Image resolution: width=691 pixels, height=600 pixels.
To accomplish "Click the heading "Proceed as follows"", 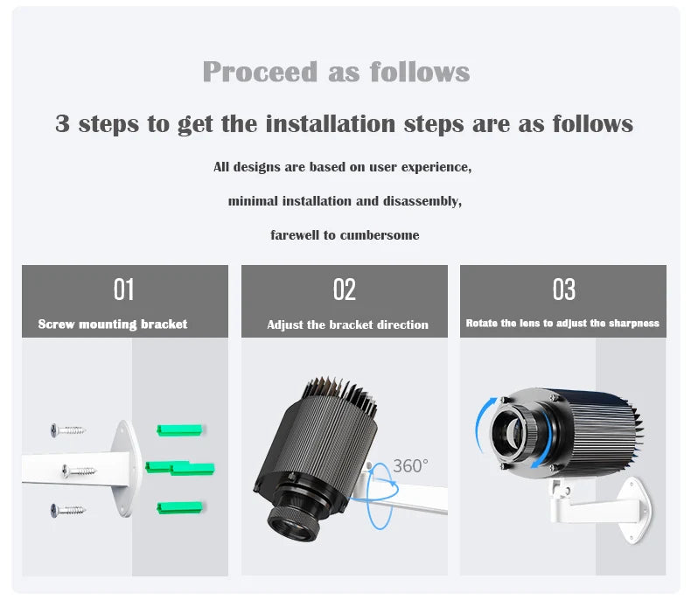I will click(x=336, y=72).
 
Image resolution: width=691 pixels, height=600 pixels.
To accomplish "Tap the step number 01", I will click(x=124, y=290).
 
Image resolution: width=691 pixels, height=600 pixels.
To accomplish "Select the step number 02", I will click(x=345, y=290).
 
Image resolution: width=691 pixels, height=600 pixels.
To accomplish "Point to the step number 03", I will click(x=564, y=290).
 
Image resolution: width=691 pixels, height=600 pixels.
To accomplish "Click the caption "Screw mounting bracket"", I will click(x=113, y=324).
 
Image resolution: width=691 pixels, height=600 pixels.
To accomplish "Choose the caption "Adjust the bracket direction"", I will click(x=347, y=324).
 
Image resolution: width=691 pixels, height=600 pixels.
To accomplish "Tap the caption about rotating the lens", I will click(x=562, y=323).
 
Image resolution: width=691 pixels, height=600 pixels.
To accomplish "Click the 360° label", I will click(x=409, y=466).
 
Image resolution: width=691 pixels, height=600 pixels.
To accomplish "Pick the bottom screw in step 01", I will click(x=67, y=508).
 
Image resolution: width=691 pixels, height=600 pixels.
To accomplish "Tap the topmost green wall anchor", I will click(x=179, y=429).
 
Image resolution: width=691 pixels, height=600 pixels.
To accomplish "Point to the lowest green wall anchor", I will click(x=179, y=507).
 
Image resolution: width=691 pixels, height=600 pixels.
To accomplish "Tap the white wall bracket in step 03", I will click(x=604, y=503).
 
